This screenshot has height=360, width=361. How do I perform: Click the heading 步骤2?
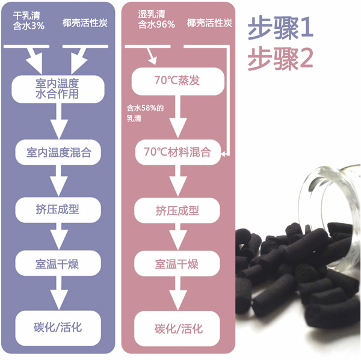pyautogui.click(x=281, y=58)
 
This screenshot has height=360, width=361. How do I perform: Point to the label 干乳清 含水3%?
pyautogui.click(x=28, y=19)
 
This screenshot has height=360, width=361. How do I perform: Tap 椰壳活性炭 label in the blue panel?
pyautogui.click(x=85, y=23)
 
